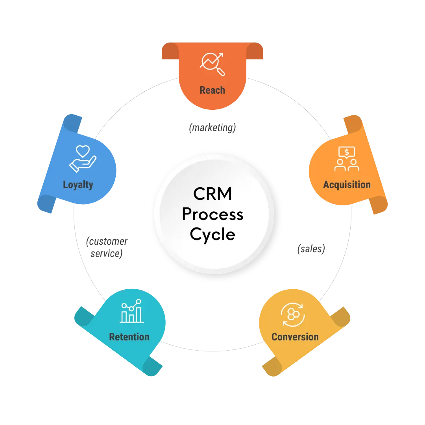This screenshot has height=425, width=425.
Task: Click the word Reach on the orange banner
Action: pos(212,90)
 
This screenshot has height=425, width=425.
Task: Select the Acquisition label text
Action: pos(347,185)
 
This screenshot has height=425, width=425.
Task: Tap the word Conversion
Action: pos(295,337)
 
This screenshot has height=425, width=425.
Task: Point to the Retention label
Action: pos(129,337)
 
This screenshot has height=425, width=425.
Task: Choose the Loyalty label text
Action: pos(78,185)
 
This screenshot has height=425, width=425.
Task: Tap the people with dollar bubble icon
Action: pos(347,159)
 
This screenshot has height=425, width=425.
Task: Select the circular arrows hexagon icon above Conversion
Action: pos(292,314)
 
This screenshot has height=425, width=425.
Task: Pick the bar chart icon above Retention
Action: pos(131,311)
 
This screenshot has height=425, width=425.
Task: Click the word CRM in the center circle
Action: pos(213,194)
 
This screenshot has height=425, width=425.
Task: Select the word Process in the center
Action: pos(213,214)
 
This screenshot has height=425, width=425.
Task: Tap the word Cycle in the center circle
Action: pos(213,235)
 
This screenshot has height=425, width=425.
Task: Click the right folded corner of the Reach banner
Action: pos(255,52)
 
